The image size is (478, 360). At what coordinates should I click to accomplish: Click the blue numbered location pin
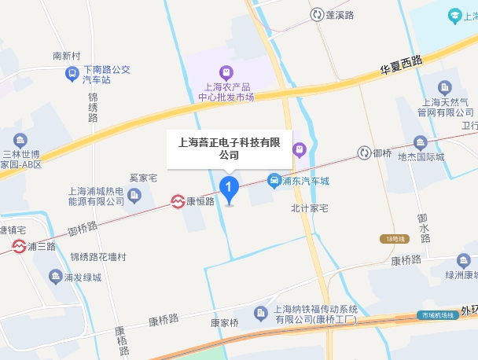pos(229,189)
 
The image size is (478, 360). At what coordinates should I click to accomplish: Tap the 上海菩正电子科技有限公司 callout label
pos(229,149)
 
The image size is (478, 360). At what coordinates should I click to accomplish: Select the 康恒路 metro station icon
pos(178,202)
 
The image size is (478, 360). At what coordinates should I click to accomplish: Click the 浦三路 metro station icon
pos(18,247)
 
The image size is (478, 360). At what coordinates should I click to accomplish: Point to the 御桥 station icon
pos(364,152)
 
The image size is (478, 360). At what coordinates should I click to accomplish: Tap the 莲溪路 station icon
pos(317,14)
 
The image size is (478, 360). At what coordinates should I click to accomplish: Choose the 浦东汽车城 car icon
pos(274,180)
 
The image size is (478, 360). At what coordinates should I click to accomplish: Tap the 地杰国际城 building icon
pos(420,143)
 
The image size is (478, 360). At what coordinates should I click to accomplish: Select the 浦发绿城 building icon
pos(55,276)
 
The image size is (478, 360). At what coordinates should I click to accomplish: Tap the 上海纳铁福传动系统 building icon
pos(261,314)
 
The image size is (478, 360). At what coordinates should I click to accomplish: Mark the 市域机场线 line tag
pos(438,315)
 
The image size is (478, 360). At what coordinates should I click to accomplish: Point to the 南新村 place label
pos(67,57)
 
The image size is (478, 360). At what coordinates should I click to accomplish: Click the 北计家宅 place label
pos(309,208)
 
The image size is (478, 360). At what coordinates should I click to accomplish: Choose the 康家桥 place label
pos(224,322)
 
